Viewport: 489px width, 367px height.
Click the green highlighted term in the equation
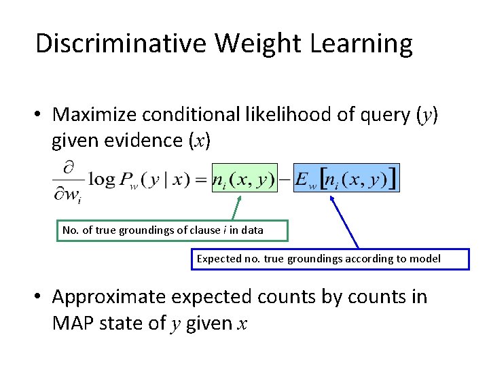244,179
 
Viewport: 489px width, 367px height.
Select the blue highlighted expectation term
346,179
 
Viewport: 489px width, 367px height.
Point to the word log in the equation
101,180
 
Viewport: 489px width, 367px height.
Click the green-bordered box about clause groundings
162,230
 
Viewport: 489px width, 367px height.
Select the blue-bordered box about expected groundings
330,259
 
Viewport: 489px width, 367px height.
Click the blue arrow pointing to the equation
344,222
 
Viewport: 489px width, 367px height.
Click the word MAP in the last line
72,323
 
